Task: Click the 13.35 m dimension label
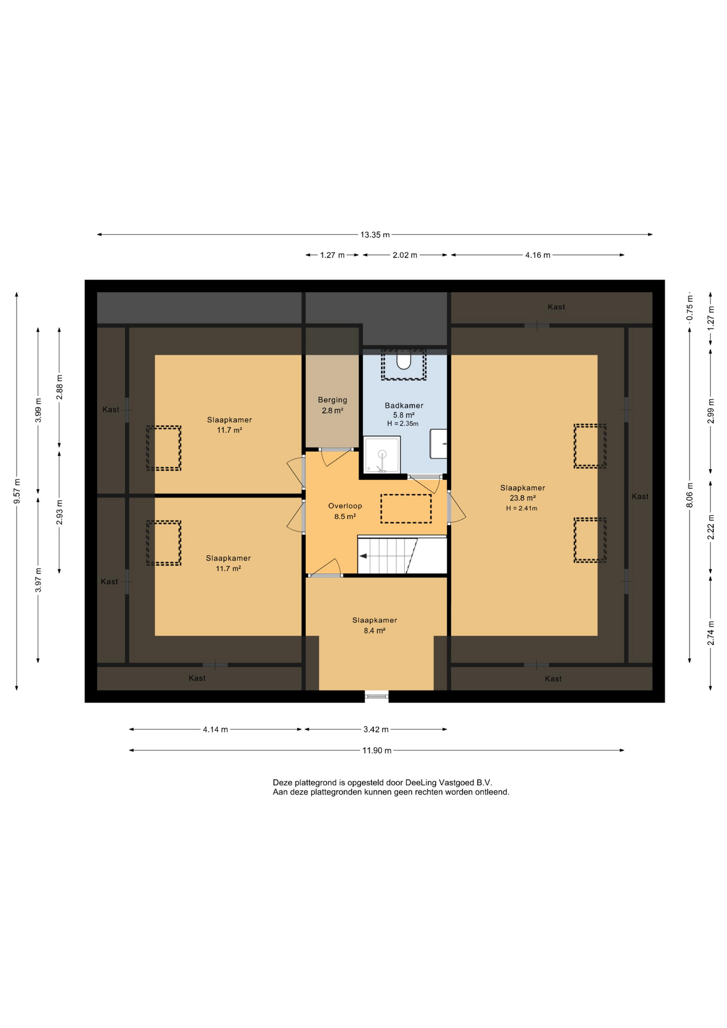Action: click(x=375, y=235)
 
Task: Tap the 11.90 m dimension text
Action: click(x=377, y=750)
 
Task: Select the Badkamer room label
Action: click(x=404, y=405)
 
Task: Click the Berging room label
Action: click(x=332, y=400)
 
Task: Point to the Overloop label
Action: click(x=345, y=505)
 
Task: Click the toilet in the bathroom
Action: click(x=404, y=361)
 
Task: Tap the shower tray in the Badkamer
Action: click(x=382, y=455)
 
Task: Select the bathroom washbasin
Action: click(x=439, y=443)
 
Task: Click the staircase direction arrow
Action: click(x=363, y=556)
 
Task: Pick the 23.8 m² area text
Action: click(x=523, y=498)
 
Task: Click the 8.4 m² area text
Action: click(x=375, y=631)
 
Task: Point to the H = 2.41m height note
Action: click(x=522, y=508)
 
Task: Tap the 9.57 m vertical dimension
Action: click(x=17, y=492)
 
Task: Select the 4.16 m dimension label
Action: click(x=537, y=255)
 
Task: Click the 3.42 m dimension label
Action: click(x=376, y=729)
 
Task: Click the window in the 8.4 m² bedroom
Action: click(x=377, y=696)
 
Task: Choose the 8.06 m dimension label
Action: click(x=690, y=495)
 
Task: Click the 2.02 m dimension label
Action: click(x=405, y=255)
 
